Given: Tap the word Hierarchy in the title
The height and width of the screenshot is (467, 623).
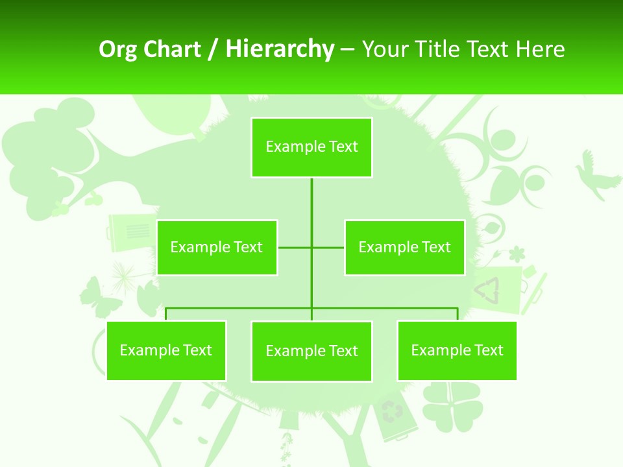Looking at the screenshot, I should pos(279,49).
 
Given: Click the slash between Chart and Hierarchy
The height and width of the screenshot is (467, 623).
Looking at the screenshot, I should pos(213,50).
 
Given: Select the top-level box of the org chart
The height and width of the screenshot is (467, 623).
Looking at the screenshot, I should pos(311,147).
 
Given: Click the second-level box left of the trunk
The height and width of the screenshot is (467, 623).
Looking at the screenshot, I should pos(217,247).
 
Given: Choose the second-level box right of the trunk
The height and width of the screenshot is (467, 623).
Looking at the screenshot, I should pos(404,247).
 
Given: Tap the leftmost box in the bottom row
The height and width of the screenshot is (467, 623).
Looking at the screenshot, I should pos(166,350).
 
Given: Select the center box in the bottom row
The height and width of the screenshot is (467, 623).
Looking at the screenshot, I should pos(311,351).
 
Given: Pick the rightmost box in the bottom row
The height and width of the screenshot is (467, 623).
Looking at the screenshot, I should pos(457,350).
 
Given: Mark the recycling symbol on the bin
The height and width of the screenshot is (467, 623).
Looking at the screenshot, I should pos(391,411).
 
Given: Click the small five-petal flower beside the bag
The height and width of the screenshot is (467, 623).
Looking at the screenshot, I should pos(517,253).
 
